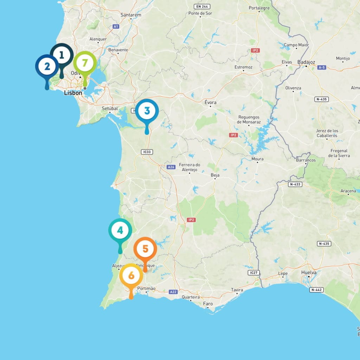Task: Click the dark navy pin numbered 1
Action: coord(62,55)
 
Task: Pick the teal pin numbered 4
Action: coord(120,231)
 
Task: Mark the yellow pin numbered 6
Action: coord(131,276)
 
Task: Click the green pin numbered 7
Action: coord(85,63)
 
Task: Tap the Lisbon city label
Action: coord(73,93)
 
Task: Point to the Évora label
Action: coord(211,103)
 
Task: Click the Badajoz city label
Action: coord(306,62)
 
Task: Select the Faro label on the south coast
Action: coord(208,304)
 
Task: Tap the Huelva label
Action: coord(309,272)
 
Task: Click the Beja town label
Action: coord(215,175)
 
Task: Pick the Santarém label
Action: coord(131,15)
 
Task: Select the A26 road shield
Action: coord(171,167)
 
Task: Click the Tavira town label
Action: coord(237,290)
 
